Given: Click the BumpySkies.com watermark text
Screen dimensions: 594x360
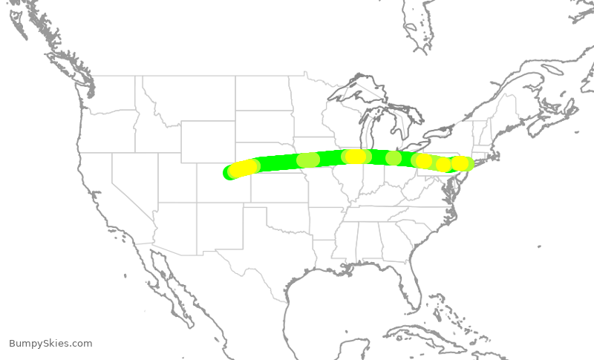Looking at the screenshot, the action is tap(50, 344).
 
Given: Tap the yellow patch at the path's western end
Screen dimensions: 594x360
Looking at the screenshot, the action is tap(243, 168).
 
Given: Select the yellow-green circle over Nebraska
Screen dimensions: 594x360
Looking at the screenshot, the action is tap(307, 160).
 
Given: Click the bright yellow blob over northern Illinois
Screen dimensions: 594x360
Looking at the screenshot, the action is tap(357, 156).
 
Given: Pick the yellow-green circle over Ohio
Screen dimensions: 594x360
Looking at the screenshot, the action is tap(394, 157).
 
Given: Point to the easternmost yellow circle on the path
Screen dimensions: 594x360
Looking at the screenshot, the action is tap(460, 163).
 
